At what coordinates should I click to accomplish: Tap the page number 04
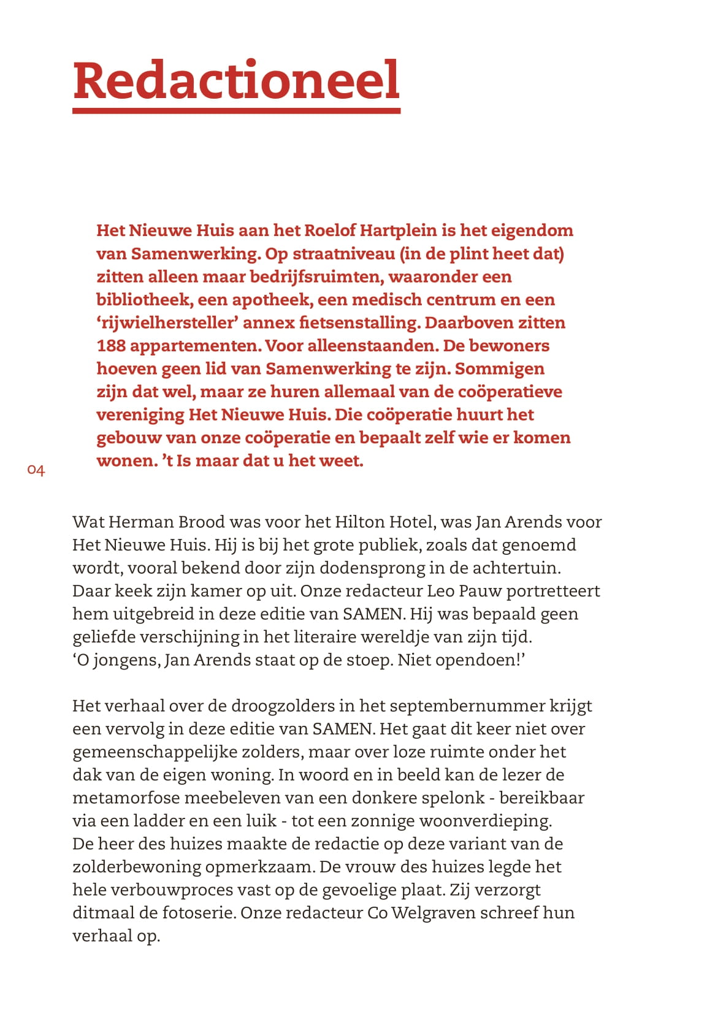click(36, 470)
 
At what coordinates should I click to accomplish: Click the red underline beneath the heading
click(236, 110)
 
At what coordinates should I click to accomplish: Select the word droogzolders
click(282, 706)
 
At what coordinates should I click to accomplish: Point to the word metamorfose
click(126, 798)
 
